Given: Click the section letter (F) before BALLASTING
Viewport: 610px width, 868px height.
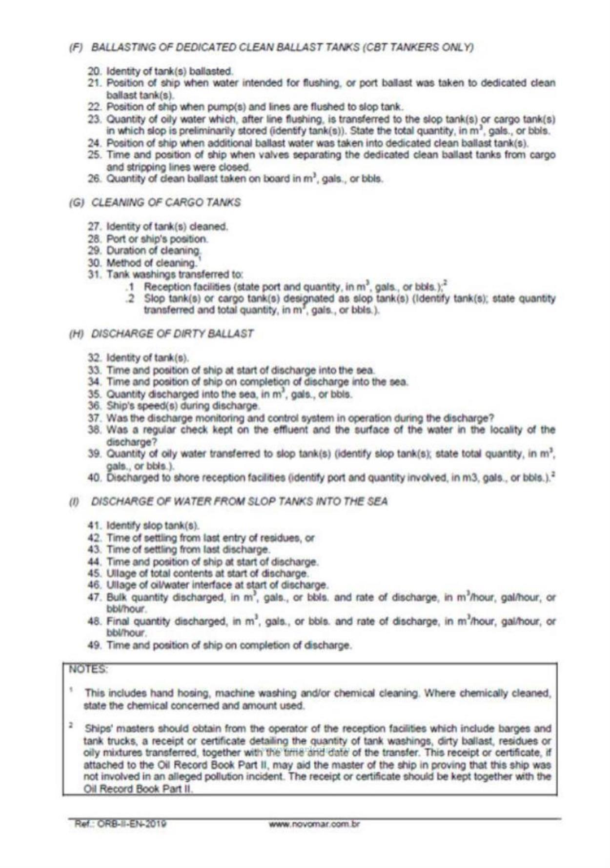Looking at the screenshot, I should pos(76,47).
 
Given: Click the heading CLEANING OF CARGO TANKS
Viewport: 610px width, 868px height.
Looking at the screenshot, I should pos(166,202).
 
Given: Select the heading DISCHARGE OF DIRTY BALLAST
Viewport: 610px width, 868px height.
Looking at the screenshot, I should pos(172,334).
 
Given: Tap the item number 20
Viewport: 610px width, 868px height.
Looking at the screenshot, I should pos(94,71).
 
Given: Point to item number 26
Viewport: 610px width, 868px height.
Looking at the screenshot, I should pos(94,178).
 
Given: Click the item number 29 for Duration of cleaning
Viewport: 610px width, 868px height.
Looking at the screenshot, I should pos(94,251).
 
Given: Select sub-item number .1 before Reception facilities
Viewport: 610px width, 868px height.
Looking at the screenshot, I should pos(129,286).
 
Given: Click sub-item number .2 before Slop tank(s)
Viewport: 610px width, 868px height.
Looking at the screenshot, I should pos(129,298).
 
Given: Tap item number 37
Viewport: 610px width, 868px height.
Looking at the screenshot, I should pos(94,418).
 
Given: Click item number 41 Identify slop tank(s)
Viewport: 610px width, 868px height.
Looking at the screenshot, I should pos(94,526).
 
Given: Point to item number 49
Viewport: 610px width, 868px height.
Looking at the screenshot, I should pos(94,645).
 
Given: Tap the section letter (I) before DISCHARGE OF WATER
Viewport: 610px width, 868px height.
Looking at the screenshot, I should pos(75,502).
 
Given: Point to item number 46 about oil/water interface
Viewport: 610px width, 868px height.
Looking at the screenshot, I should pos(94,585).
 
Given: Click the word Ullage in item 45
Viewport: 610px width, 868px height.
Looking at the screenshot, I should pos(119,573).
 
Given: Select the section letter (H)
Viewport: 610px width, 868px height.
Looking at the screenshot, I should pos(76,334).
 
